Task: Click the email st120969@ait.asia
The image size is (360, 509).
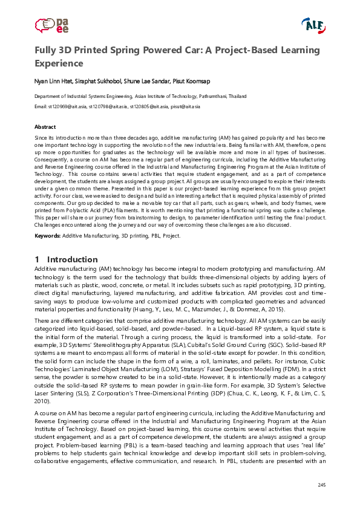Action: (x=68, y=106)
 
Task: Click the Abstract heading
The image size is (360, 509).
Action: (x=45, y=127)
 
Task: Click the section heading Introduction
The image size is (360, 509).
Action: (x=72, y=259)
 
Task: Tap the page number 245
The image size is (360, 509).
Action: (x=321, y=486)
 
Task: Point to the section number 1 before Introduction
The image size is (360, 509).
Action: (x=37, y=259)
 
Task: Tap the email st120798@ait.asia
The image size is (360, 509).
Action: (x=108, y=106)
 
